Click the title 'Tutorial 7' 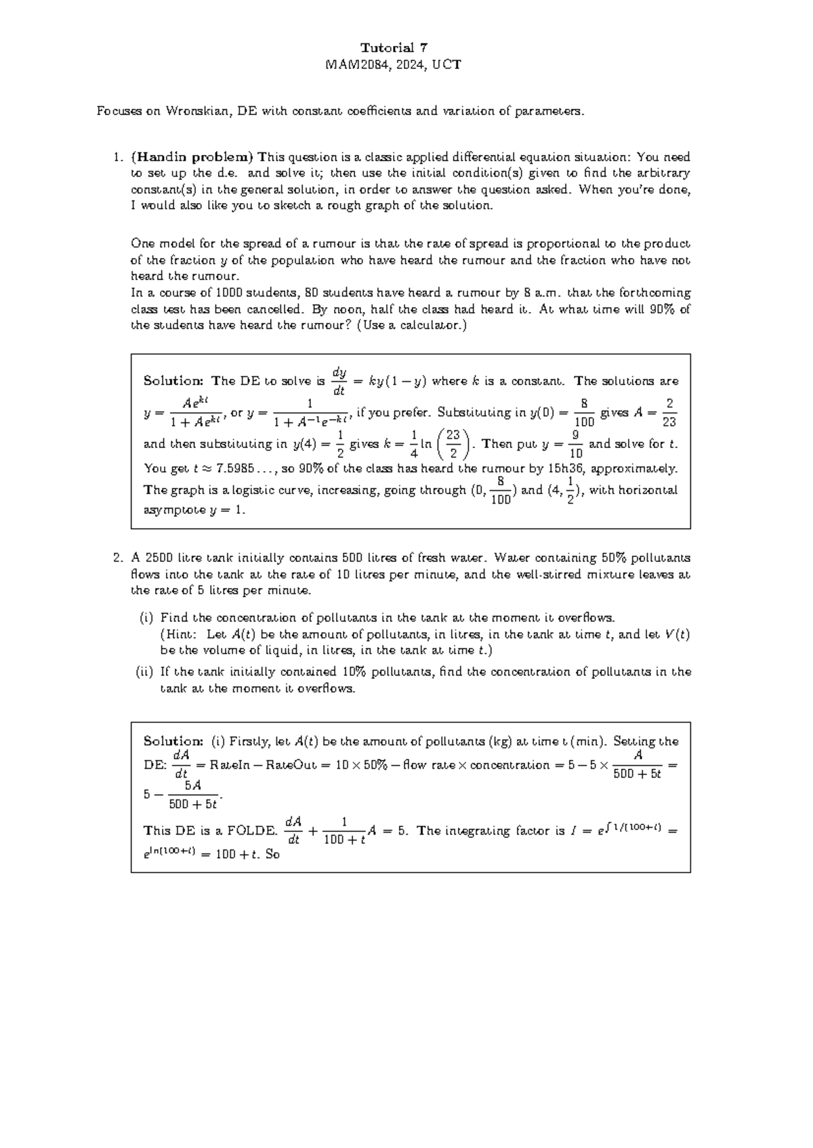394,47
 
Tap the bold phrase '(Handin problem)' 192,157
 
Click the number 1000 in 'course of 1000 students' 228,293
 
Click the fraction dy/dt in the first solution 339,381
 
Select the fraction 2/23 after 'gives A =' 669,412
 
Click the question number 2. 117,558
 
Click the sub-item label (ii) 145,672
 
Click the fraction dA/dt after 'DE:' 180,764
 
